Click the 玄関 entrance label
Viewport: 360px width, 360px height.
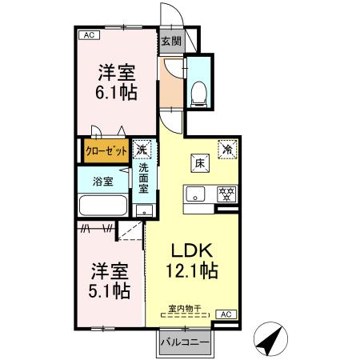[170, 42]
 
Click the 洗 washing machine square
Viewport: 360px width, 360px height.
[142, 149]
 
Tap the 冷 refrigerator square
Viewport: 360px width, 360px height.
[228, 148]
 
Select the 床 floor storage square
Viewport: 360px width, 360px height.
[198, 163]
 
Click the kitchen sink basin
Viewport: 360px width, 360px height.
[196, 194]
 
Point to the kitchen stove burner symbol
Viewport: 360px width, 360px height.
[226, 193]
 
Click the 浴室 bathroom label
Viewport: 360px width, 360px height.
[102, 181]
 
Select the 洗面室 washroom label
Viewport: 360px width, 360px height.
[143, 180]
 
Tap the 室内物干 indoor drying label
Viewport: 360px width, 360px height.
[185, 308]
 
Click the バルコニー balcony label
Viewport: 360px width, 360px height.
[184, 342]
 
